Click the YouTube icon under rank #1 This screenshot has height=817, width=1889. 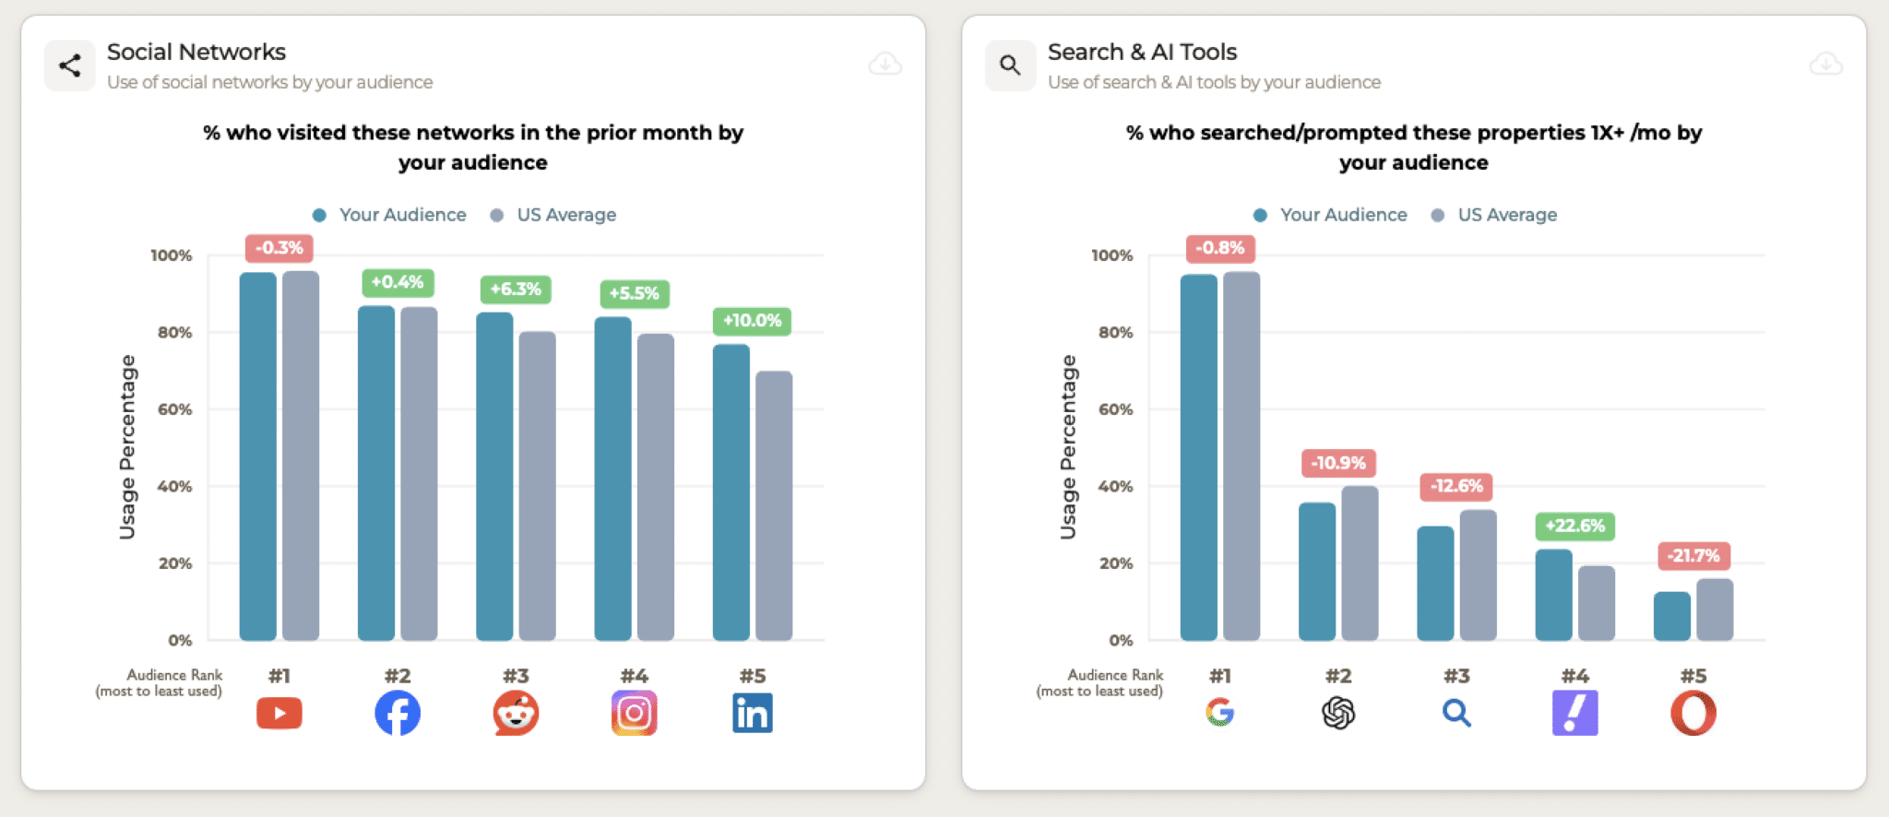tap(279, 713)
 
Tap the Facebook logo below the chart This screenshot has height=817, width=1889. tap(398, 713)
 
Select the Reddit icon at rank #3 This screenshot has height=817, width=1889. tap(516, 713)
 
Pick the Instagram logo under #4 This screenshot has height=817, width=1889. tap(634, 713)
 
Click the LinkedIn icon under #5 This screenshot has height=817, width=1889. tap(752, 713)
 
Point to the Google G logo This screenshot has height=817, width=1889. tap(1219, 712)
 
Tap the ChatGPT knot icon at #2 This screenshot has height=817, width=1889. tap(1338, 713)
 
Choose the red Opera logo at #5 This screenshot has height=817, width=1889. tap(1693, 713)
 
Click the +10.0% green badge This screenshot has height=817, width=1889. tap(752, 321)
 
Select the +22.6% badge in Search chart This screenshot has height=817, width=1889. tap(1574, 526)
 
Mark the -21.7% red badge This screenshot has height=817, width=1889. tap(1693, 556)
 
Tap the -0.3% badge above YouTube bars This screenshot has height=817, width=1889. tap(279, 248)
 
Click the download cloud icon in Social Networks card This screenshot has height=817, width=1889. tap(885, 64)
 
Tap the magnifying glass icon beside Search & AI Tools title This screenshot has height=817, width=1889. tap(1010, 65)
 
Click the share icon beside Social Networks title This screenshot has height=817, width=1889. tap(70, 65)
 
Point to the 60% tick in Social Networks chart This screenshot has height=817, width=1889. tap(174, 409)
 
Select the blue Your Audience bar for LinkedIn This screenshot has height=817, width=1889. tap(731, 493)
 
